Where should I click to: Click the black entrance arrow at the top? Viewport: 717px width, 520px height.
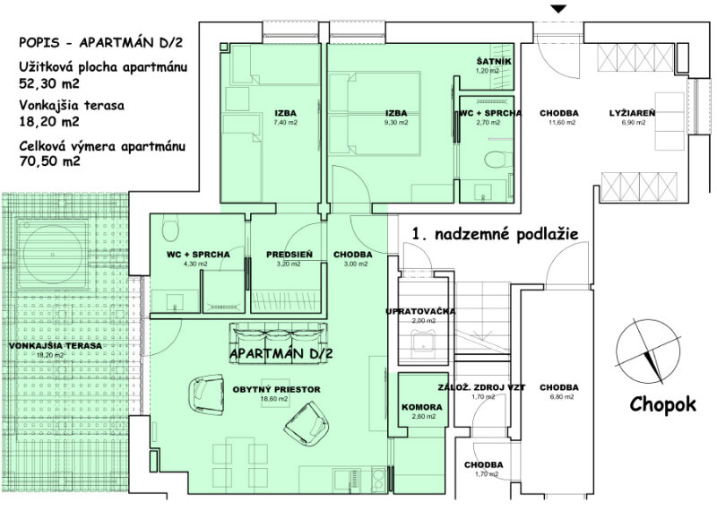point(558,9)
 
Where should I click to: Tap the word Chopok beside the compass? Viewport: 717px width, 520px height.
point(662,404)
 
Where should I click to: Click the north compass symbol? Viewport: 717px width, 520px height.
point(648,351)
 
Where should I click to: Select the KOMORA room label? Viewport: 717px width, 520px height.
point(421,407)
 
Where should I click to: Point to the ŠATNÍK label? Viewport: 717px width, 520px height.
point(494,61)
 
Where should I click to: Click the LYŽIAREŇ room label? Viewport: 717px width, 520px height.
point(633,113)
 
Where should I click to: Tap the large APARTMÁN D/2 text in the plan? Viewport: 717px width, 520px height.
point(281,353)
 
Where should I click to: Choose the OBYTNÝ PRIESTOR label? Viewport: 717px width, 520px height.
point(276,390)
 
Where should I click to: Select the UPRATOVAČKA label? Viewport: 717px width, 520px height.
point(420,311)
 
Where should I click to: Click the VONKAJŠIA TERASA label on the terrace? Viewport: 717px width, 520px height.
point(56,346)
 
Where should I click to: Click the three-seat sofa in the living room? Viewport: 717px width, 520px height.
point(278,343)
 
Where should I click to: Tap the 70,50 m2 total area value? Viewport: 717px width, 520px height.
point(49,161)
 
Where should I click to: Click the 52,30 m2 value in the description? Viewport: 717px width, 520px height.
point(49,83)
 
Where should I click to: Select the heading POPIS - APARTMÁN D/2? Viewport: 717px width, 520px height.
point(100,42)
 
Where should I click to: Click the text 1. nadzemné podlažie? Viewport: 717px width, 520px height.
point(496,234)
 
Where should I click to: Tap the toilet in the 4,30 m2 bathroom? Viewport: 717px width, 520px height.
point(170,230)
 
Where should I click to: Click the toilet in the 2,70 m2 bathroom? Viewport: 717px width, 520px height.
point(494,160)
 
